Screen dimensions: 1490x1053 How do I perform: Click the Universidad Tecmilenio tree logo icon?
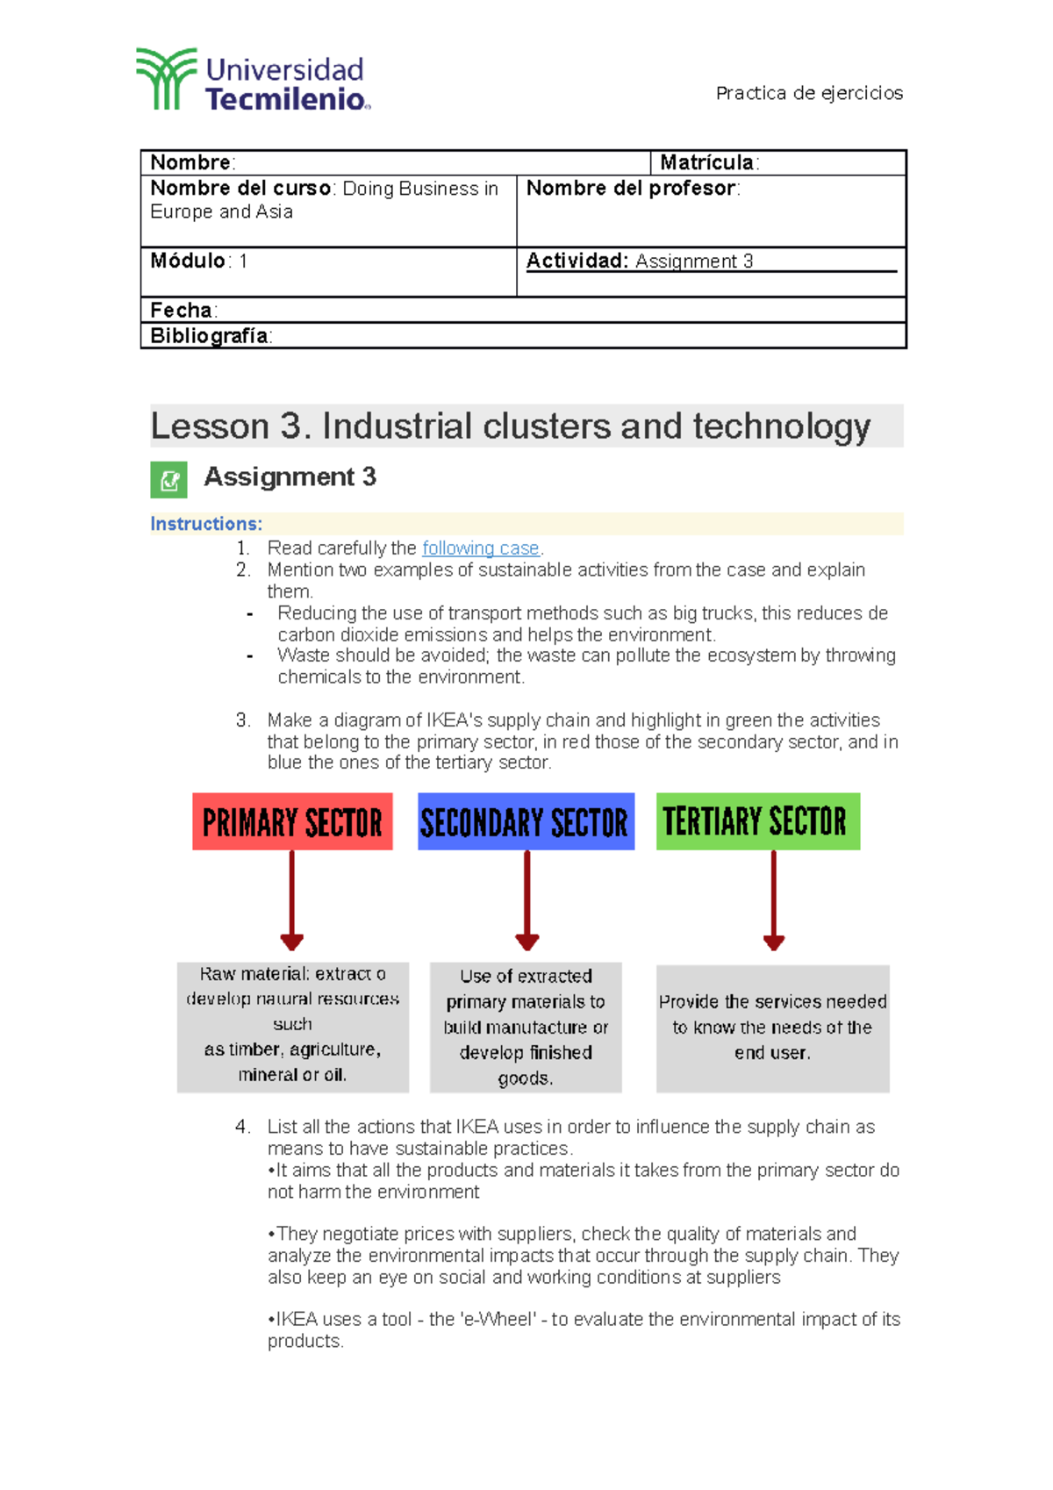[166, 79]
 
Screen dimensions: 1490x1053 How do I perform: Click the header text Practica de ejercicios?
[808, 93]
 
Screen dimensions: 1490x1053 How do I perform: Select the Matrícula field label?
[707, 162]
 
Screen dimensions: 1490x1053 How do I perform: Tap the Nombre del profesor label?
[631, 189]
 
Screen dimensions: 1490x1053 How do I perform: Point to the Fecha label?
[182, 310]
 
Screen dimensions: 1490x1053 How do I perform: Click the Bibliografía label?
[210, 336]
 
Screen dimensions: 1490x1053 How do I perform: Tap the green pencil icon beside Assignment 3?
[168, 479]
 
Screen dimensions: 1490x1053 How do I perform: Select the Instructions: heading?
[206, 524]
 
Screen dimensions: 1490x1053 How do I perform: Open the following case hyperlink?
[480, 548]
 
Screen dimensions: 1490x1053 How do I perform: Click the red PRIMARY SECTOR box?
[292, 822]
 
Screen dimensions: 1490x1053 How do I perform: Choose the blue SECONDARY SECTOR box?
[525, 822]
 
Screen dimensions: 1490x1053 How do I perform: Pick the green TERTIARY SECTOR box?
[757, 821]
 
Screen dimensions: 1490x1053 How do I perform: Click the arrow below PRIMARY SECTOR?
[292, 900]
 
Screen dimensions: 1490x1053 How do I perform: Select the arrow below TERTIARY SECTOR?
[773, 900]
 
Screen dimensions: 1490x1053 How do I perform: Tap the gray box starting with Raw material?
[292, 1026]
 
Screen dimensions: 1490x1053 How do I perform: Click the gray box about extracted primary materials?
[526, 1027]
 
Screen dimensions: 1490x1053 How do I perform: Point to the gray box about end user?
[772, 1028]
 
